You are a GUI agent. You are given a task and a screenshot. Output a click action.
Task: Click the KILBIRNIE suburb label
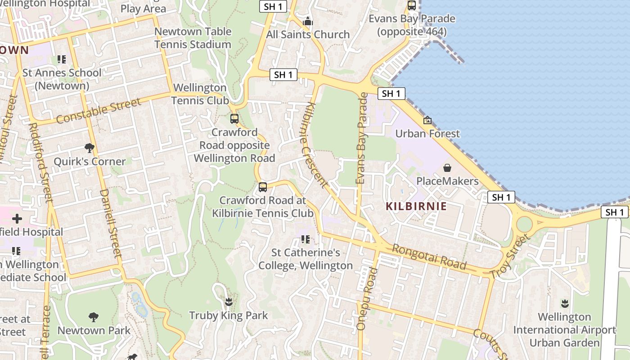tap(416, 207)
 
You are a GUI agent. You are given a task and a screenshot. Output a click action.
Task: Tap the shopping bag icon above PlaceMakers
tap(447, 168)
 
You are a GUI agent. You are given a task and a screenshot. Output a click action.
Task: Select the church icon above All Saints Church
tap(308, 21)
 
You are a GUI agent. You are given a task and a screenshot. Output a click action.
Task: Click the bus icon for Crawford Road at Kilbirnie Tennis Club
tap(263, 187)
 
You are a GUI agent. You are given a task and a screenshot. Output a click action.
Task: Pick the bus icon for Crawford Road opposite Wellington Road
tap(234, 119)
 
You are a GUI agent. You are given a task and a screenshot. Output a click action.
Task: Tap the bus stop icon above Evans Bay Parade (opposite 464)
tap(412, 5)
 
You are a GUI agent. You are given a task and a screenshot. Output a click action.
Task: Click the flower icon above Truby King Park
tap(229, 301)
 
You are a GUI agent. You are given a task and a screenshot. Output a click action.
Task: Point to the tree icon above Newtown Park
tap(94, 317)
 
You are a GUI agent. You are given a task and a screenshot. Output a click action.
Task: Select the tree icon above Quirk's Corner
tap(90, 148)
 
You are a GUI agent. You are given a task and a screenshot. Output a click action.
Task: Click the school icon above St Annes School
tap(62, 59)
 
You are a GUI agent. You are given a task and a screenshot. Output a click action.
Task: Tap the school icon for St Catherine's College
tap(306, 239)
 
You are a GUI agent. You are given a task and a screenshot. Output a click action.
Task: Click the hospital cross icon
tap(17, 219)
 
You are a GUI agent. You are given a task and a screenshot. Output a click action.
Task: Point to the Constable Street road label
tap(99, 110)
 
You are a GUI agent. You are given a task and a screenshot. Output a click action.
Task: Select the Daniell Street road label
tap(111, 223)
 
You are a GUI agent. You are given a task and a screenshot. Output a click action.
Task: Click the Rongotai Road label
tap(429, 256)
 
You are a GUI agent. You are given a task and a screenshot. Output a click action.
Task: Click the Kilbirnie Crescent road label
tap(315, 144)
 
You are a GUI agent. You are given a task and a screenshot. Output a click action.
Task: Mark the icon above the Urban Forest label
tap(427, 120)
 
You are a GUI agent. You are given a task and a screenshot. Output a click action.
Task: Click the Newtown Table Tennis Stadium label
tap(193, 38)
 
